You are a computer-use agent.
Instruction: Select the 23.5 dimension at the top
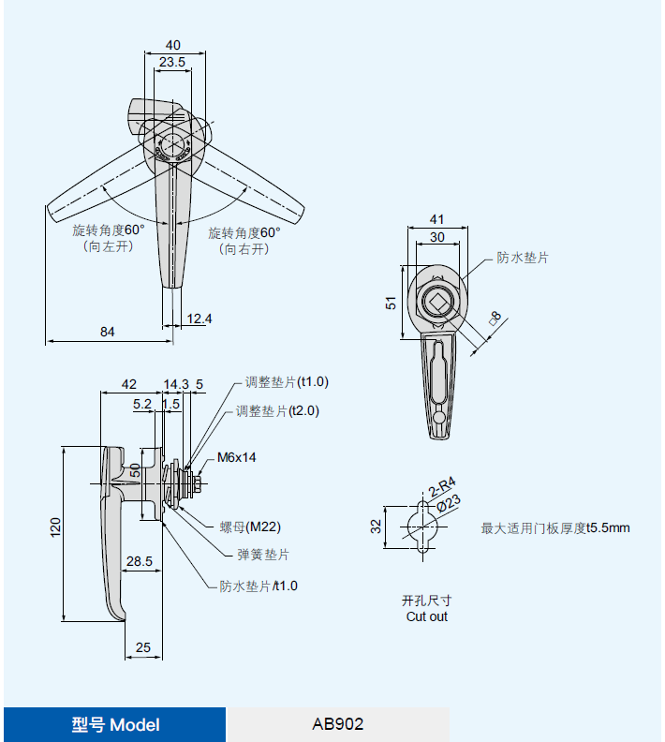(171, 62)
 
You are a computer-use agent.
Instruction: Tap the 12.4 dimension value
(199, 319)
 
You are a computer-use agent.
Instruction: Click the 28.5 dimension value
(140, 560)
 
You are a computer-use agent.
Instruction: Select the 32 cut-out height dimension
(376, 527)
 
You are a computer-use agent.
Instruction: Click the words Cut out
(426, 616)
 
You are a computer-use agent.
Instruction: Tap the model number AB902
(337, 724)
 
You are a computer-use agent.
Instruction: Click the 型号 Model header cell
(115, 724)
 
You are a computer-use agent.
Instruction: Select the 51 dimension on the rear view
(392, 303)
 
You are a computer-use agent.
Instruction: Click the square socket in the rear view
(437, 302)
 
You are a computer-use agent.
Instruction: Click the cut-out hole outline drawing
(423, 527)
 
